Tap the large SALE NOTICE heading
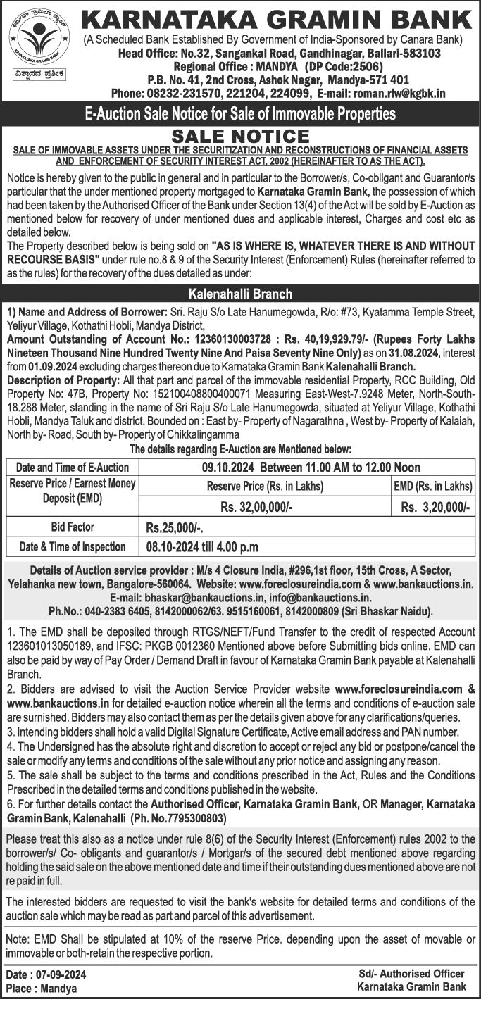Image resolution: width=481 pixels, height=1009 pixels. tap(241, 136)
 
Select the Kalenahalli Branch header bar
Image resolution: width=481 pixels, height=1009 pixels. tap(240, 294)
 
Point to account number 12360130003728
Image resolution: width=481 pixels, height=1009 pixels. tap(219, 339)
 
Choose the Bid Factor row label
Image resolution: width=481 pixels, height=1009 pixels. tap(73, 527)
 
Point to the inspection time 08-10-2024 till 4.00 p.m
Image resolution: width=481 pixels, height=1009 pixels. tap(202, 546)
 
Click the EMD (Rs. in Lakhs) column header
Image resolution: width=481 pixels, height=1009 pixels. tap(432, 486)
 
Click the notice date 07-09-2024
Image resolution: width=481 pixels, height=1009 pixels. tap(66, 975)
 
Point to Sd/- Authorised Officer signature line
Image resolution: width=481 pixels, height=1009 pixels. tap(411, 974)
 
